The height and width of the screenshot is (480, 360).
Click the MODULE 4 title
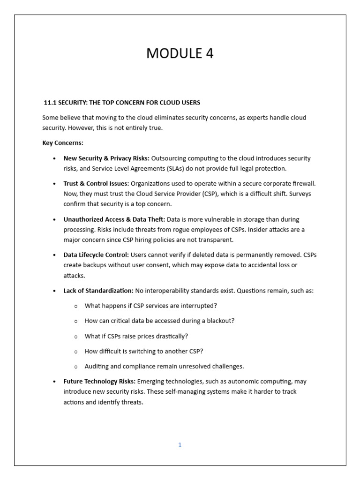(180, 54)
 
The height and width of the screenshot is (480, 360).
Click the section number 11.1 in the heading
(50, 103)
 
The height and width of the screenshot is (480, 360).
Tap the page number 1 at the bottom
(180, 445)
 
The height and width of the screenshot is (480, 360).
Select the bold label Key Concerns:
(62, 143)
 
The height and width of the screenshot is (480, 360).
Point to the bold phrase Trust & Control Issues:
(96, 184)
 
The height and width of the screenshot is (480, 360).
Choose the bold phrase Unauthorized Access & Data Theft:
(114, 219)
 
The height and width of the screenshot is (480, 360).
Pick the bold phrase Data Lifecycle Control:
(96, 255)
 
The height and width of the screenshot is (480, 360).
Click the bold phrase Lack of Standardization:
(98, 291)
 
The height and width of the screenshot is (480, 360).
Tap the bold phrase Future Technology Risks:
(99, 382)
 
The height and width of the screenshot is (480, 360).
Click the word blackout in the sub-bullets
(221, 321)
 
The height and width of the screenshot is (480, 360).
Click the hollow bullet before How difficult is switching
(76, 352)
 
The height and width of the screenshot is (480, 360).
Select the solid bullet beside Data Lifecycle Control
(55, 255)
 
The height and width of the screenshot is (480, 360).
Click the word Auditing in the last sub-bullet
(97, 367)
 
